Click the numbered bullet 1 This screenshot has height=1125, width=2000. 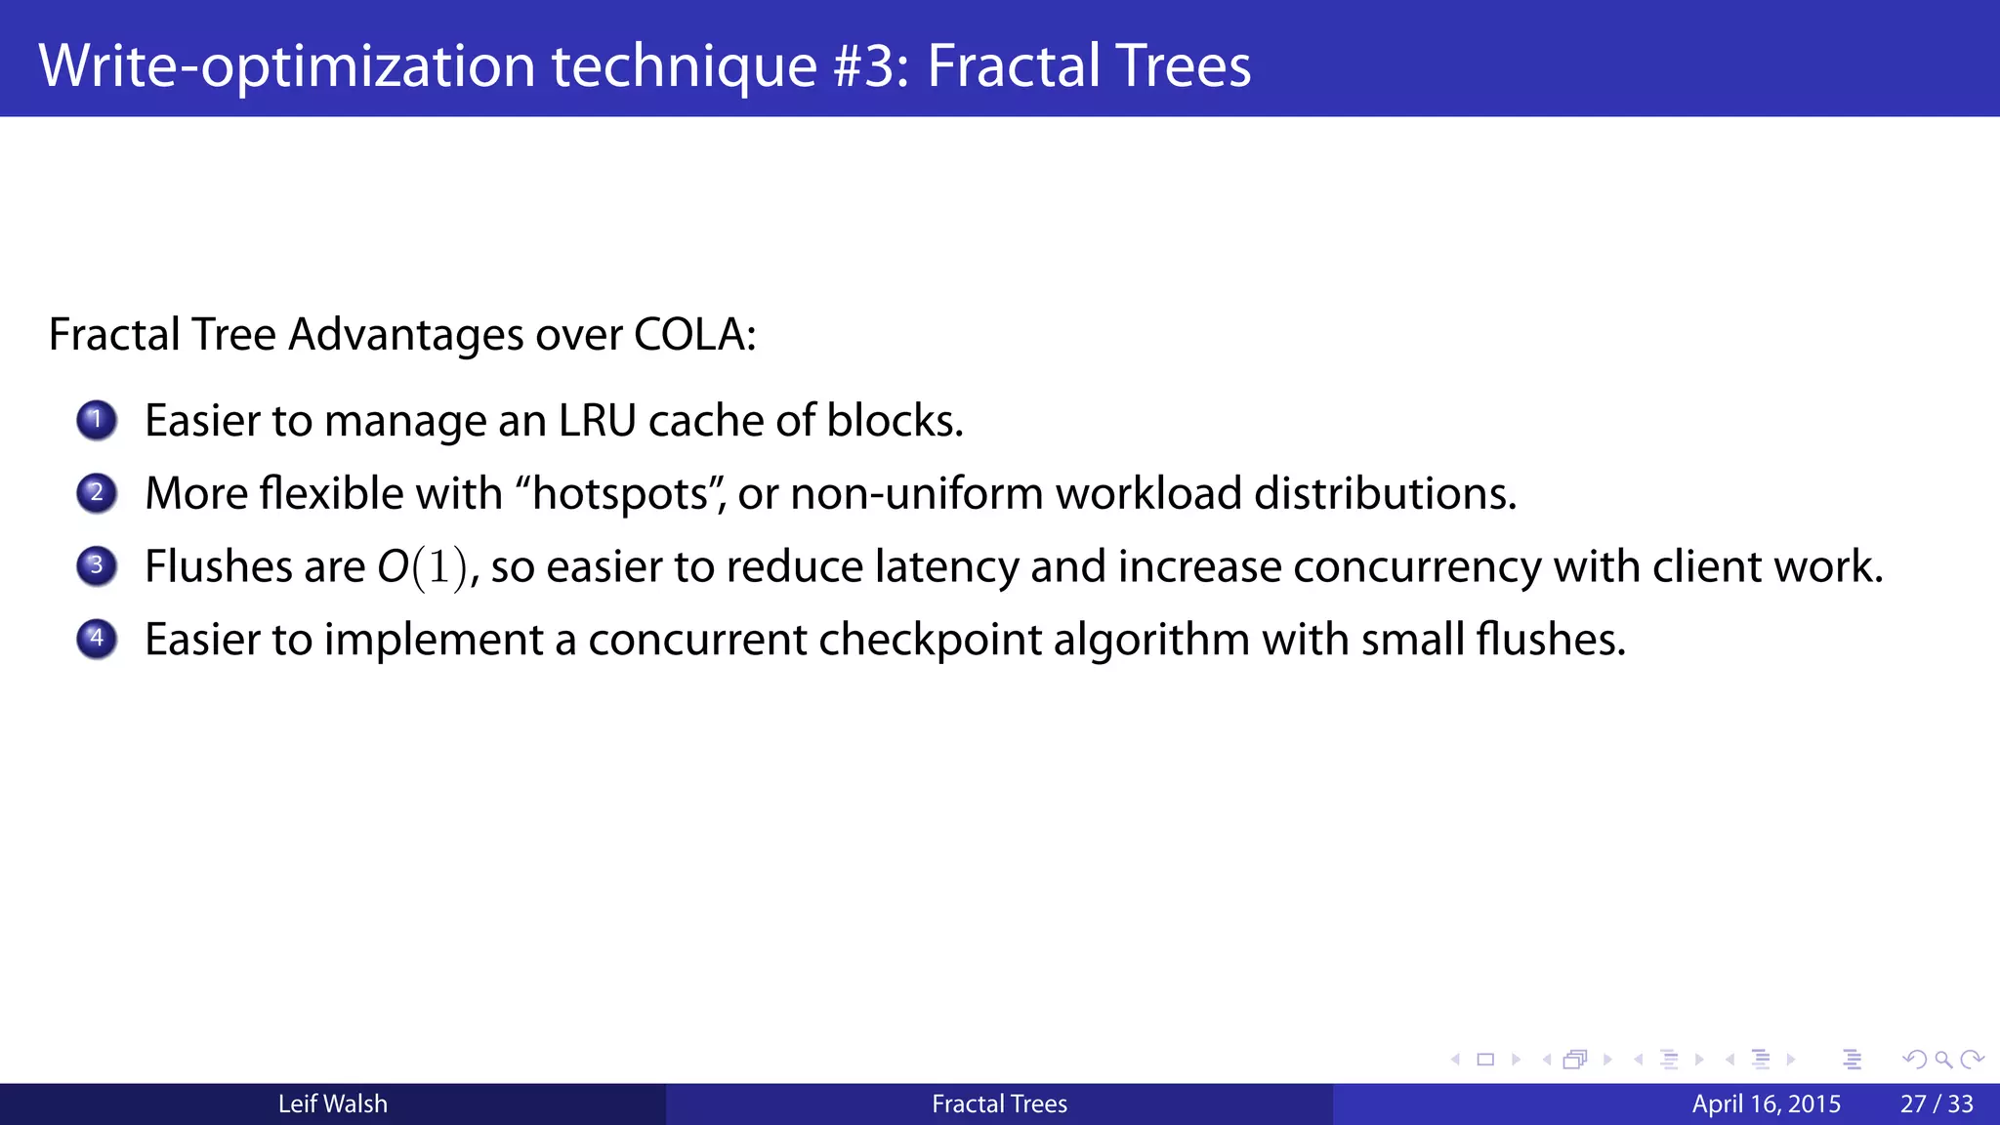97,421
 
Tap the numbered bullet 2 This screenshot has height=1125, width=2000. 97,493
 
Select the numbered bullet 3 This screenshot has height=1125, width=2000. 97,566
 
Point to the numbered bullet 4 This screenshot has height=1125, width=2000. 97,640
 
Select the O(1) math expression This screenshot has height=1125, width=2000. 423,567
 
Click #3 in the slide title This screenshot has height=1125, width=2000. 871,65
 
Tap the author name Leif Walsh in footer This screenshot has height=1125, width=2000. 333,1104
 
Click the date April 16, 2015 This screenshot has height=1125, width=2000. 1766,1104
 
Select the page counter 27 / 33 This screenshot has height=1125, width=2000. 1937,1104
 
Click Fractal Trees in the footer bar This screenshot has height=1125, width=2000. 999,1104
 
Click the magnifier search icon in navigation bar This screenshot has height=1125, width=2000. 1942,1060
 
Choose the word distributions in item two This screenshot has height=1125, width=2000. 1384,493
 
